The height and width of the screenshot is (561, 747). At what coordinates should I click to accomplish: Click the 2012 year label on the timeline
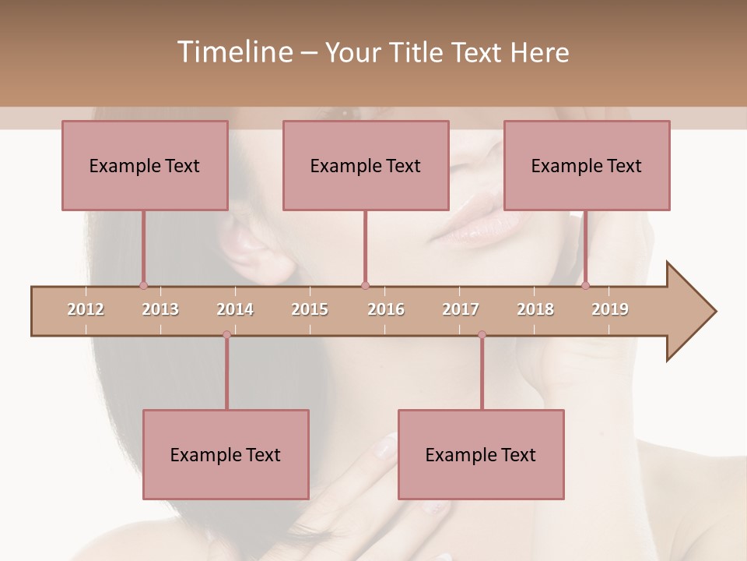86,309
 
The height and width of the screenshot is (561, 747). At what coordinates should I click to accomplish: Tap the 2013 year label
160,309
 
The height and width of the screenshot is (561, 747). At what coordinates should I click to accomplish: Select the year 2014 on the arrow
235,309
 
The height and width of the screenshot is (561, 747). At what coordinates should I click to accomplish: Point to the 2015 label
310,309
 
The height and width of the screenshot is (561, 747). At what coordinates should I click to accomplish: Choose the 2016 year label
386,309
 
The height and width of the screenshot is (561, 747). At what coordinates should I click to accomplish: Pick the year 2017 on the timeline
461,309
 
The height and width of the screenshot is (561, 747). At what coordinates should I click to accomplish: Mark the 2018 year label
535,309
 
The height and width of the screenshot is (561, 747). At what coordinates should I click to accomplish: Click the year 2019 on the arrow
610,309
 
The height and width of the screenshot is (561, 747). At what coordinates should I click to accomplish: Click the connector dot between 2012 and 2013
143,285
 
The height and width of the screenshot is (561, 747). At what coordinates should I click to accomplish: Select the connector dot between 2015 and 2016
365,285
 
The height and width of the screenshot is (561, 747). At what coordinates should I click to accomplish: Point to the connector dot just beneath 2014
226,334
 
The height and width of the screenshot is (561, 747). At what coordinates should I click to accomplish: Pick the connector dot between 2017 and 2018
482,334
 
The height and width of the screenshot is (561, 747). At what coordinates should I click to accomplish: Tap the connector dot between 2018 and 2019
585,285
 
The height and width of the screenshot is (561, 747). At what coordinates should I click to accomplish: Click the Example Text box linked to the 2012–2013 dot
145,165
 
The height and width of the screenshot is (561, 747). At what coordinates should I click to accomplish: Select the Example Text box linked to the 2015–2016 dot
366,165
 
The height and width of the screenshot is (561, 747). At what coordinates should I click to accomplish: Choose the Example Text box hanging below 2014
226,454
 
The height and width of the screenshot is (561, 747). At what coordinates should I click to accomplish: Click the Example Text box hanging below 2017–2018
481,454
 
